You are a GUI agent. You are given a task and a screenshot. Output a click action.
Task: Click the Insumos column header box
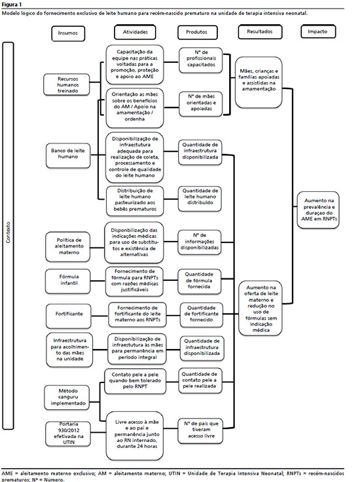tap(68, 33)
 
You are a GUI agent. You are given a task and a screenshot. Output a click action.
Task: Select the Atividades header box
tap(135, 32)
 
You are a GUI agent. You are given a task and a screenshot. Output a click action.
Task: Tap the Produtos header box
tap(197, 32)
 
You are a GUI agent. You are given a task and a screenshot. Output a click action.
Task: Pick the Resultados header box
tap(260, 32)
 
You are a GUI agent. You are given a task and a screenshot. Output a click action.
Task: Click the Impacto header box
tap(318, 31)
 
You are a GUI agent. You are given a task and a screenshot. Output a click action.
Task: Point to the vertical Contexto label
tap(9, 232)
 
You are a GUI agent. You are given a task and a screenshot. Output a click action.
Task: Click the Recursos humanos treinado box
tap(67, 84)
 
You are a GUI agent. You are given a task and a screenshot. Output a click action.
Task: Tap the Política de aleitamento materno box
tap(69, 246)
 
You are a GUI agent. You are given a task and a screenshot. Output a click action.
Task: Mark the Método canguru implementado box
tap(67, 397)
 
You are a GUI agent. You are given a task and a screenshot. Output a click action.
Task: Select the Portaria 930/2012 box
tap(68, 434)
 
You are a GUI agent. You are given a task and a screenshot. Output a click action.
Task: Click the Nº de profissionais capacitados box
tap(201, 60)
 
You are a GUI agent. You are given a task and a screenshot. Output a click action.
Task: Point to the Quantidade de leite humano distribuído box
tap(200, 198)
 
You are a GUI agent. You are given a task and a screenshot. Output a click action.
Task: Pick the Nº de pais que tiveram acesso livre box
tap(200, 431)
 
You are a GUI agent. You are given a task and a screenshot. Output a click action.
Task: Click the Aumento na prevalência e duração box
tap(318, 210)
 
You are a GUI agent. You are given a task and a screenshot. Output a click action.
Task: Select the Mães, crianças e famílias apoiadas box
tap(259, 82)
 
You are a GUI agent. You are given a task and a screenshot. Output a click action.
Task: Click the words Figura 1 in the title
tap(11, 5)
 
